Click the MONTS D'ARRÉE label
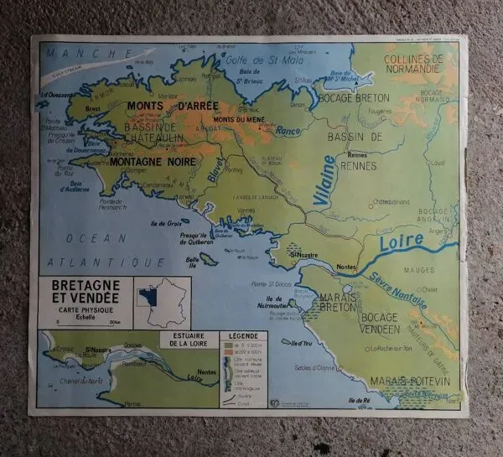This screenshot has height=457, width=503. pyautogui.click(x=173, y=106)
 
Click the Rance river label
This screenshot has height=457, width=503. pyautogui.click(x=288, y=131)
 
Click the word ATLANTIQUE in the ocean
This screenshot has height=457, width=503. pyautogui.click(x=89, y=261)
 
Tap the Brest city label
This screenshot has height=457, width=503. pyautogui.click(x=93, y=108)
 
